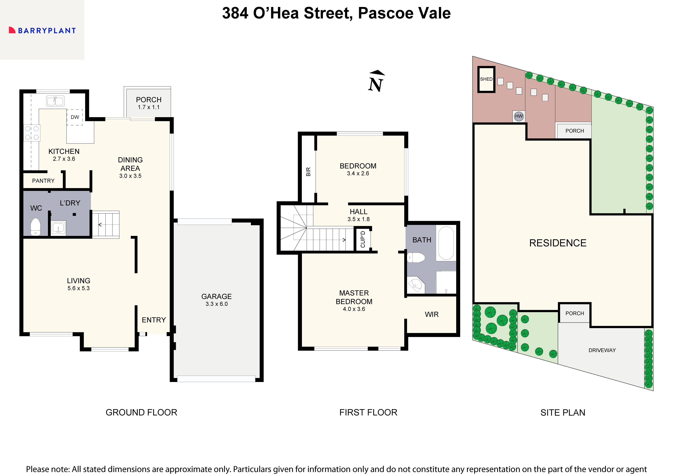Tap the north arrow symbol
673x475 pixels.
376,81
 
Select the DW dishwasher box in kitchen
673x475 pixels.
75,117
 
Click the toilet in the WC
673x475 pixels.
35,226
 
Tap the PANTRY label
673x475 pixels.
43,181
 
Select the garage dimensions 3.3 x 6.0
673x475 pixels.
216,304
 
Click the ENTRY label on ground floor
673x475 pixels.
154,320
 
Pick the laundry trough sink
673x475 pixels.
59,228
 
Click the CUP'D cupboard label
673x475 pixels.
363,239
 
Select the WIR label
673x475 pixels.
431,314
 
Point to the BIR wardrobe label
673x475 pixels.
308,172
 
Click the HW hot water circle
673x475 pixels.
519,116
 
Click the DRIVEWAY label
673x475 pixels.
602,350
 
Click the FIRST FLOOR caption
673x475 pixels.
368,412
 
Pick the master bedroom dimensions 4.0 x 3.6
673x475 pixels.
354,309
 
